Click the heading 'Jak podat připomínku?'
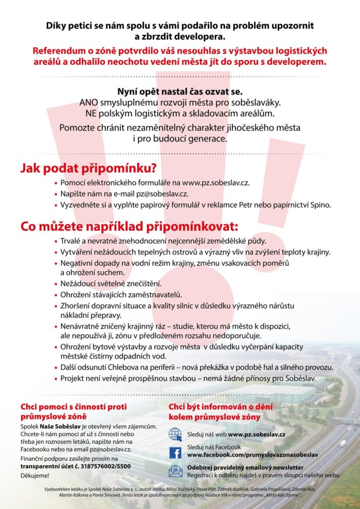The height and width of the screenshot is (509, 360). coord(88,168)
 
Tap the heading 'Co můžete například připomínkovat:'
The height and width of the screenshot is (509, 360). coord(129,226)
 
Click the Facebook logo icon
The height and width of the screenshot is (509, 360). coord(175,452)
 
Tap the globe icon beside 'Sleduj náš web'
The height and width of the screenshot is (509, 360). coord(175,434)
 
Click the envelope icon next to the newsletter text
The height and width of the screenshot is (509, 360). coord(175,470)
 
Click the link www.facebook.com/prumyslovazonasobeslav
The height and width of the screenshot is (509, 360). coord(253,456)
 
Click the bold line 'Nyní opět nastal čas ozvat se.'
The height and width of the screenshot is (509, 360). coord(179,92)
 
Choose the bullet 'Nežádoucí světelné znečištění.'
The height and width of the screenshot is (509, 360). coord(111,283)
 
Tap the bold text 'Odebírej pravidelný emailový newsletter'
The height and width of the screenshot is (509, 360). coord(245,467)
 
